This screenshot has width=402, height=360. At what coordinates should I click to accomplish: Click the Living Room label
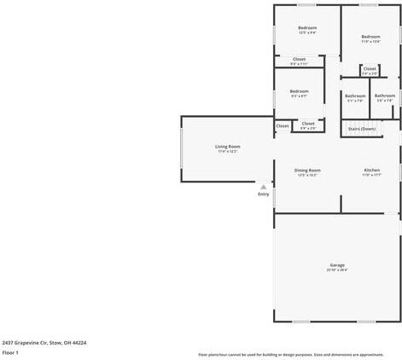pos(227,147)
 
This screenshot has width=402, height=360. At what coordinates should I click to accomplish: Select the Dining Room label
pos(307,170)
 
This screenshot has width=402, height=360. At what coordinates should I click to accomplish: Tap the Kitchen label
pos(371,170)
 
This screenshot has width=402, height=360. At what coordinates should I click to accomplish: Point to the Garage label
pos(337,264)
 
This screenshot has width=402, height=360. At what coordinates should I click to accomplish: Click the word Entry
pos(263,195)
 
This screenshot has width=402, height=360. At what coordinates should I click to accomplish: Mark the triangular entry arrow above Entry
pos(263,187)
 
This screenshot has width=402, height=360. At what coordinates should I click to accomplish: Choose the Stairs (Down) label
pos(362,129)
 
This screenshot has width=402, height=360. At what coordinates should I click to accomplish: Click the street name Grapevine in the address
pos(28,343)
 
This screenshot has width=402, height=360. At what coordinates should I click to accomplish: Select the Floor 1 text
pos(10,352)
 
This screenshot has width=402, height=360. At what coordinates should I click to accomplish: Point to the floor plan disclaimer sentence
pos(290,354)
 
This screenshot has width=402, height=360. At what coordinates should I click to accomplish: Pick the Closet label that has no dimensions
pos(283,126)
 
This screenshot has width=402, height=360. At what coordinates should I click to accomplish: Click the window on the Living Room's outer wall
pos(181,149)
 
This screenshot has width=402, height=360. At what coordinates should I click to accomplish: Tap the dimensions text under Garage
pos(337,270)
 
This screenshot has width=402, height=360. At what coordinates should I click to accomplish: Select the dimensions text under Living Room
pos(227,152)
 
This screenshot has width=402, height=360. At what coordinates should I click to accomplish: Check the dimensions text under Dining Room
pos(307,175)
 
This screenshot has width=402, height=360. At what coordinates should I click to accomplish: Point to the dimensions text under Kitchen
pos(371,175)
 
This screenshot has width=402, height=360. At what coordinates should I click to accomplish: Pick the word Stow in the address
pos(54,343)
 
